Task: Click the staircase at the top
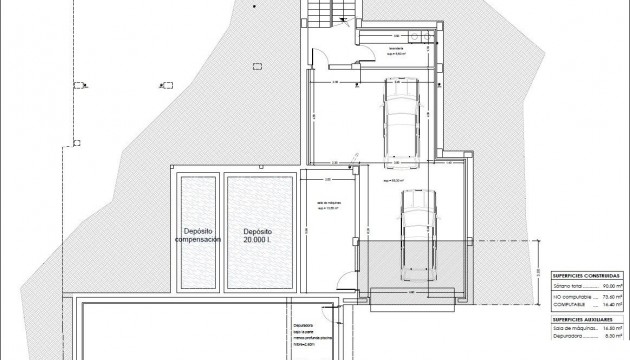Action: coord(318,13)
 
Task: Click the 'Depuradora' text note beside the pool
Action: coord(304,325)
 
